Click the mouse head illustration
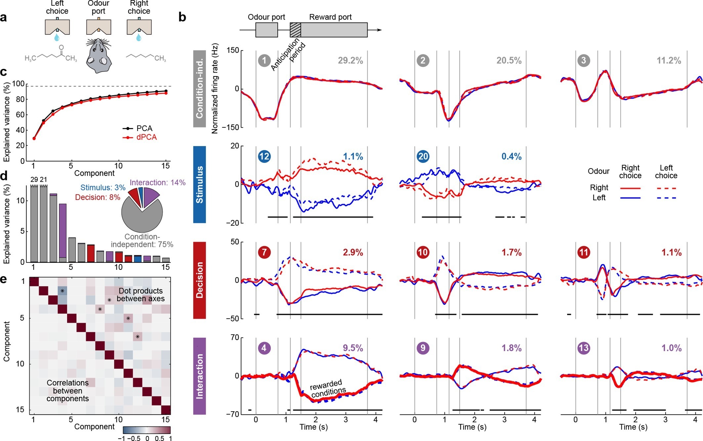(99, 55)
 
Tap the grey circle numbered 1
(264, 61)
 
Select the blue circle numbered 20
(423, 156)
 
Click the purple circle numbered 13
(584, 348)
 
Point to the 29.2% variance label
(350, 61)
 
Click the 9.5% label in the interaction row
(353, 348)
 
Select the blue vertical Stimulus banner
(199, 184)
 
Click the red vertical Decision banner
(199, 280)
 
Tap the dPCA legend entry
(146, 137)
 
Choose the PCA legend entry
(144, 128)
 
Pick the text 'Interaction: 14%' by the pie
(157, 182)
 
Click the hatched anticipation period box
(295, 30)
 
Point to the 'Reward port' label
(330, 17)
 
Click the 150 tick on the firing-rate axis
(233, 50)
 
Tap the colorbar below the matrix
(147, 430)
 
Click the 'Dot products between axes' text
(141, 295)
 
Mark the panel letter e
(4, 279)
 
